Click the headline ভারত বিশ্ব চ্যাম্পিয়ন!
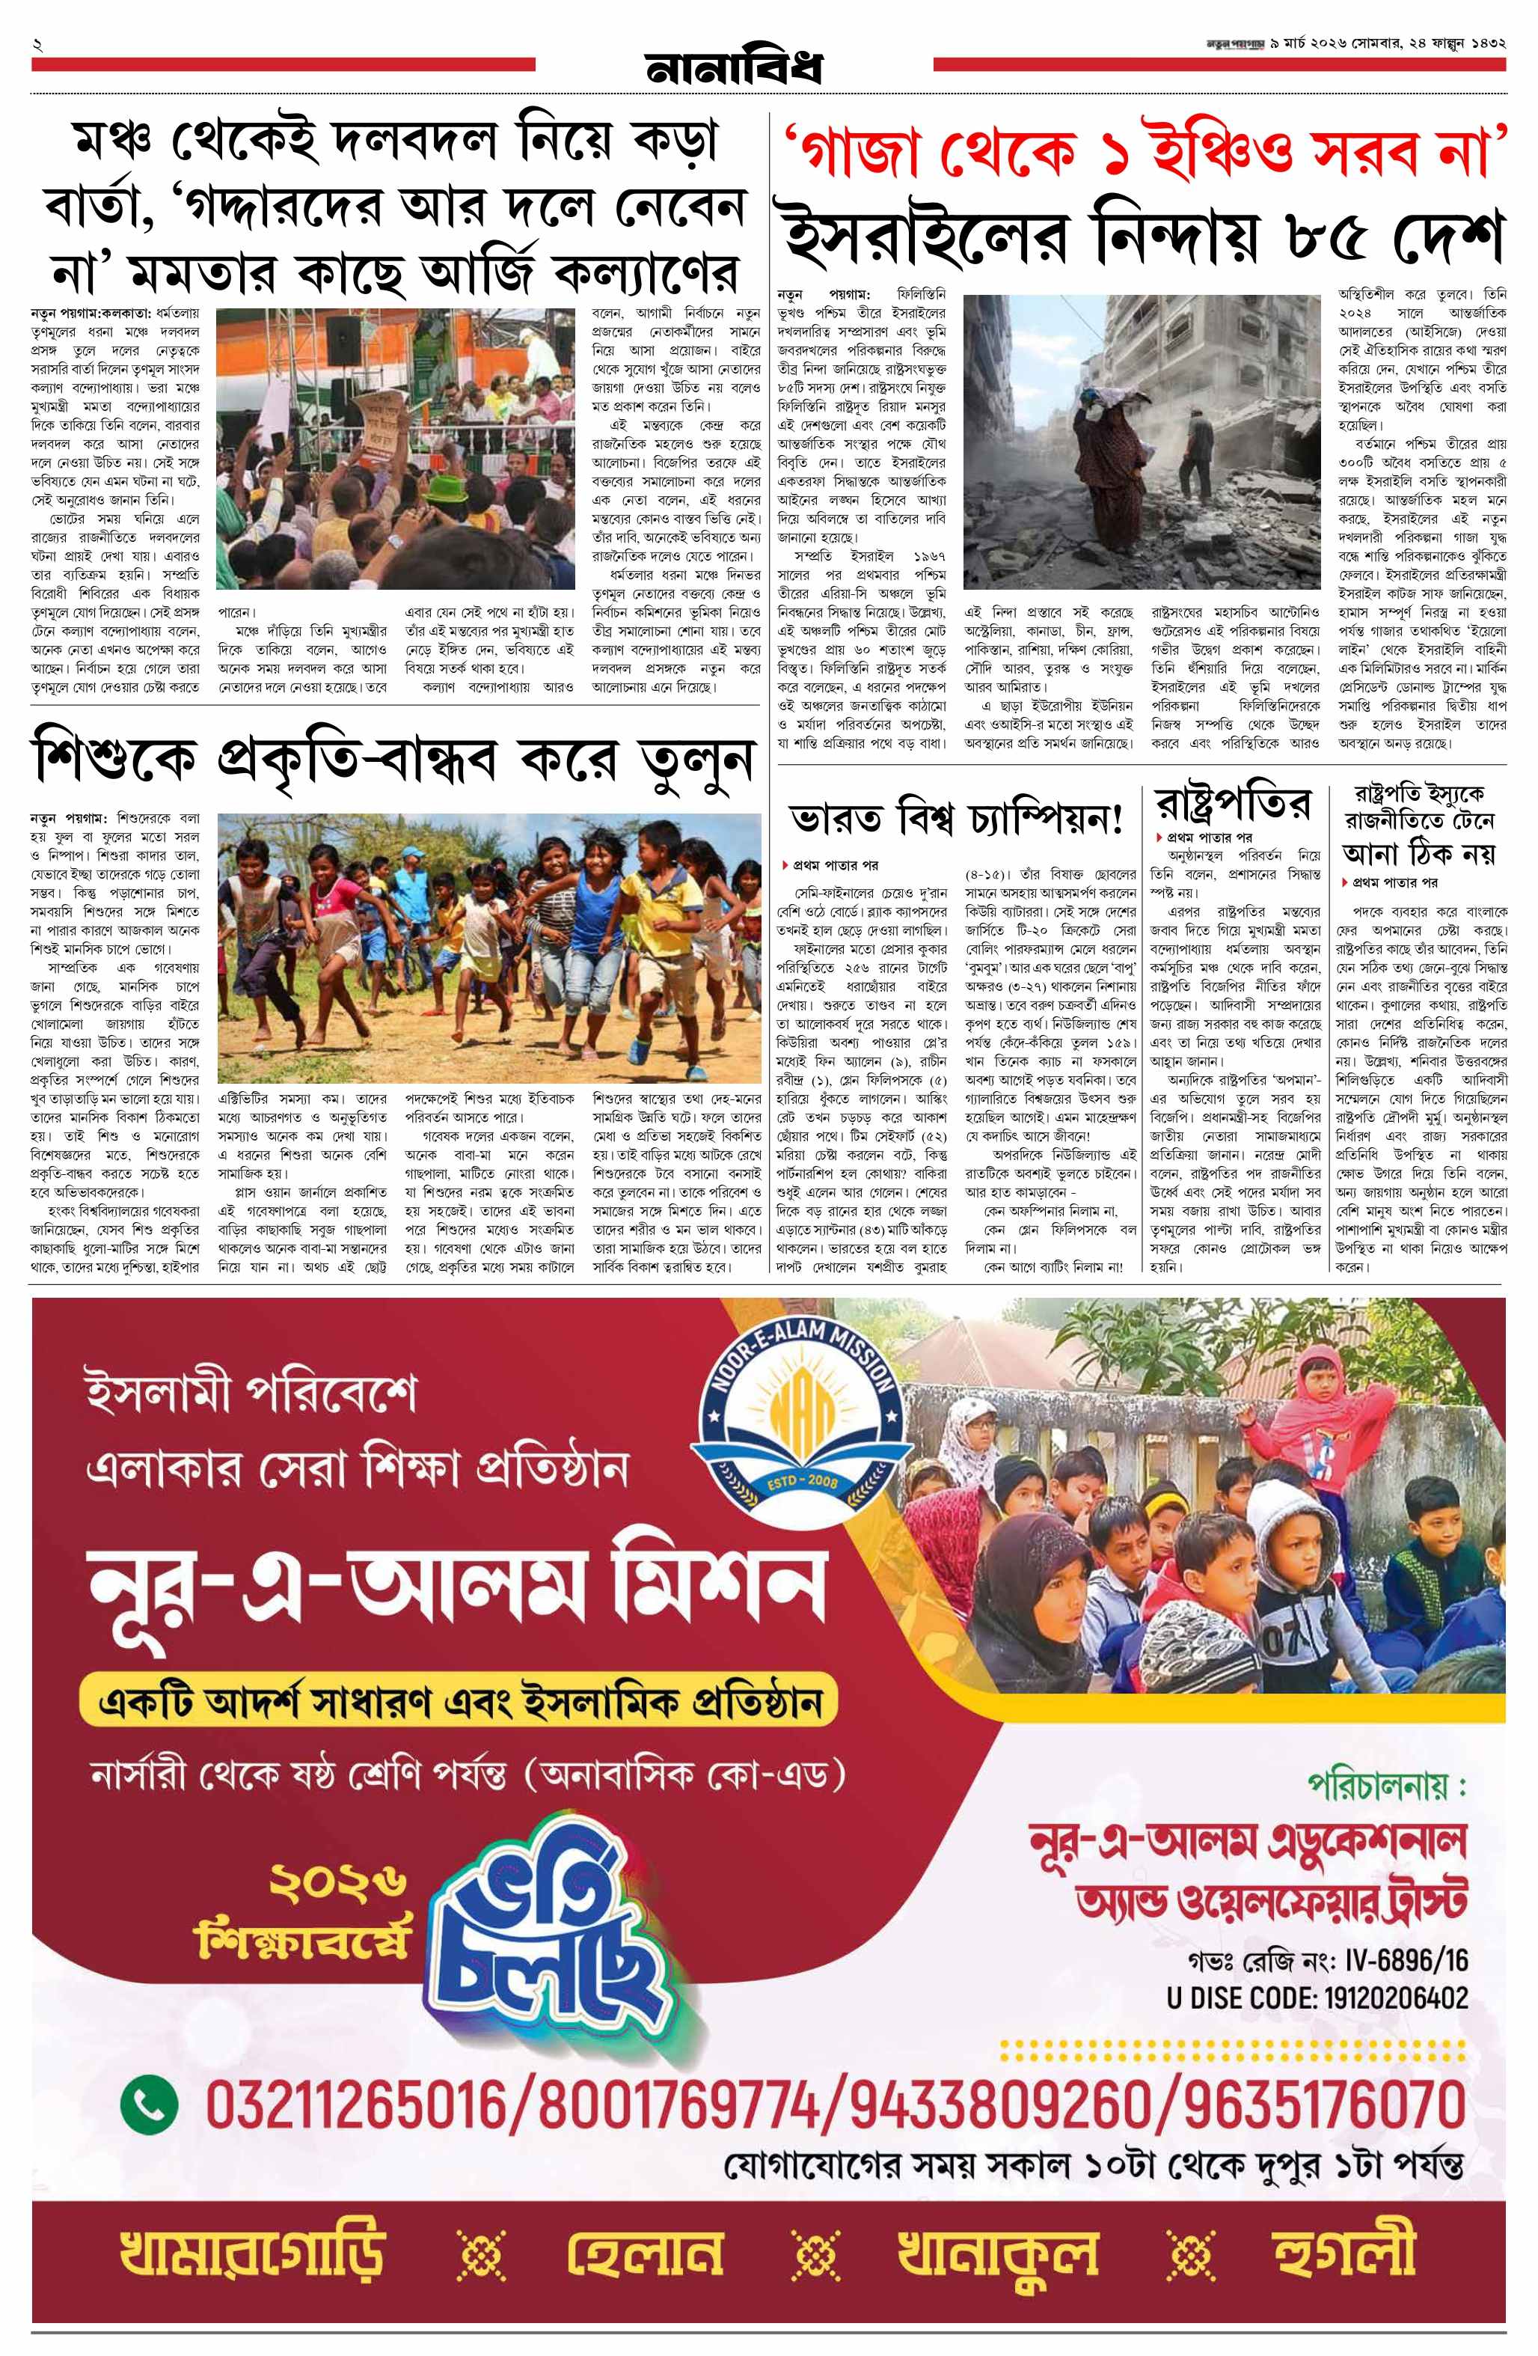pos(956,820)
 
